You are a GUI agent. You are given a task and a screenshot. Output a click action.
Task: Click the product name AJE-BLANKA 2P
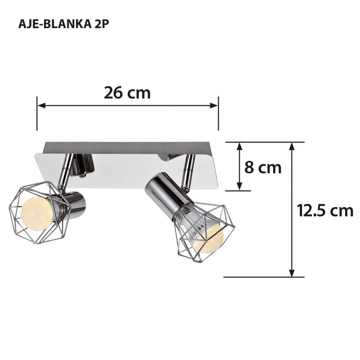(62, 24)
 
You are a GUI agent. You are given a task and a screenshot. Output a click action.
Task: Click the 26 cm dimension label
(127, 92)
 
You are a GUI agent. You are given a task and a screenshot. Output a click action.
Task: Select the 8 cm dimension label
(263, 167)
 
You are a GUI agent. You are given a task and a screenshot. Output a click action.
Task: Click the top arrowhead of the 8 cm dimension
(239, 147)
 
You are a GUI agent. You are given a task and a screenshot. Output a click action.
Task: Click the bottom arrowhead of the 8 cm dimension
(239, 187)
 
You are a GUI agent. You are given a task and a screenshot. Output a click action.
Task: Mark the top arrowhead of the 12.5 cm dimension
(292, 147)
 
